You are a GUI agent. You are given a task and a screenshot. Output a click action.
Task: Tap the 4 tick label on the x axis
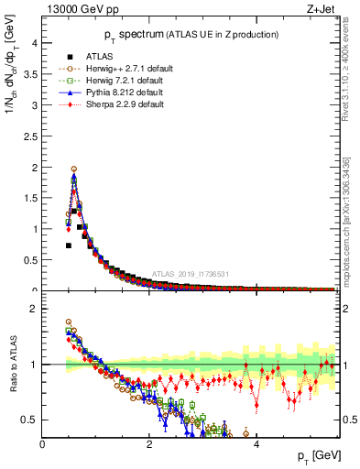[x=256, y=444]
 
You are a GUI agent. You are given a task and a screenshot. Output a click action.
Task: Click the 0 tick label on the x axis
[x=43, y=444]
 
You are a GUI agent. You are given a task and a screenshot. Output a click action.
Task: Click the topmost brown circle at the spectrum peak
[x=74, y=169]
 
